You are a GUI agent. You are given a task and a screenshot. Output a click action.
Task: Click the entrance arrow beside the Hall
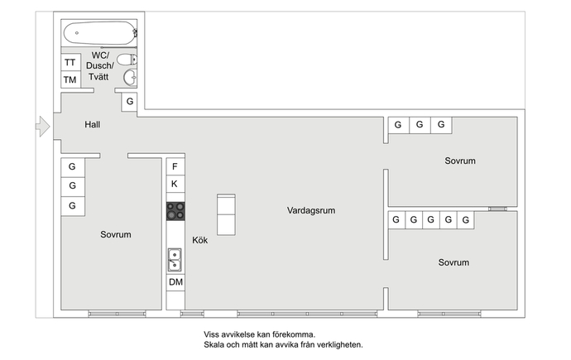pyautogui.click(x=43, y=127)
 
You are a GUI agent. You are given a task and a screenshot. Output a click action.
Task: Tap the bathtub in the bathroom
pyautogui.click(x=100, y=33)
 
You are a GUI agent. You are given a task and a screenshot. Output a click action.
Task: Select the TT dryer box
pyautogui.click(x=70, y=62)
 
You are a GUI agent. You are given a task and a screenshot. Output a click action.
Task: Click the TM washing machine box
pyautogui.click(x=70, y=79)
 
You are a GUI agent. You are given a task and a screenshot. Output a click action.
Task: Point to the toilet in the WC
pyautogui.click(x=127, y=60)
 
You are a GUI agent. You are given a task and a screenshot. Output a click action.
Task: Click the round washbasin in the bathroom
pyautogui.click(x=130, y=77)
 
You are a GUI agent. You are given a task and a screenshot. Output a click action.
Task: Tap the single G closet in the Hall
pyautogui.click(x=129, y=102)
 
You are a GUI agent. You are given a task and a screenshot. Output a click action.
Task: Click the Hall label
pyautogui.click(x=93, y=124)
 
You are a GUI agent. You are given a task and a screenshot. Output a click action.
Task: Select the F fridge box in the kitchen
pyautogui.click(x=175, y=166)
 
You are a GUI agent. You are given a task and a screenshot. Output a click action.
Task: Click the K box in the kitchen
pyautogui.click(x=175, y=184)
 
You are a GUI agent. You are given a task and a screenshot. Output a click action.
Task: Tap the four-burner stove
pyautogui.click(x=175, y=211)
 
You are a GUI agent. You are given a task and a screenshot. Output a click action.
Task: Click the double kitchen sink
pyautogui.click(x=175, y=260)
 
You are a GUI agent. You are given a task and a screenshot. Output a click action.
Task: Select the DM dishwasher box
pyautogui.click(x=175, y=282)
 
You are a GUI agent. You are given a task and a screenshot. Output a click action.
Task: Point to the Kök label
pyautogui.click(x=200, y=240)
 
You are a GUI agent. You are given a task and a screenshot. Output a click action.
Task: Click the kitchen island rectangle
pyautogui.click(x=226, y=215)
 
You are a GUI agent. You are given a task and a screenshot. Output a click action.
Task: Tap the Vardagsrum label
pyautogui.click(x=311, y=210)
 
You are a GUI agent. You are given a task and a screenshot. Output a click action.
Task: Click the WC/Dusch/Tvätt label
pyautogui.click(x=100, y=66)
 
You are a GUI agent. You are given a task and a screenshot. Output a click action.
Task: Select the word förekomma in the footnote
pyautogui.click(x=294, y=334)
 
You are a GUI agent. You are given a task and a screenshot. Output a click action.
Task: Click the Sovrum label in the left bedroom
pyautogui.click(x=116, y=234)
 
